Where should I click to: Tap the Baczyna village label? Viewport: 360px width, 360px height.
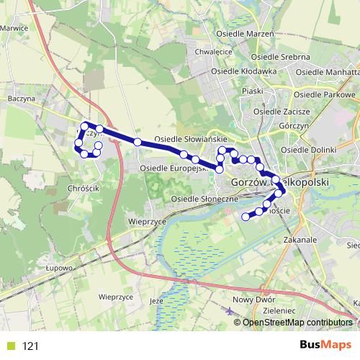[20, 99]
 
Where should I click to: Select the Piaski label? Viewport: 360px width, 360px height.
[253, 91]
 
